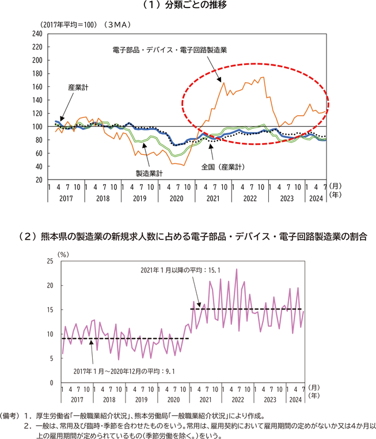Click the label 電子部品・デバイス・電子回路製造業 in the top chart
click(x=170, y=50)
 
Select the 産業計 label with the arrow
click(x=78, y=87)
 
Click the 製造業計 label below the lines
click(x=149, y=173)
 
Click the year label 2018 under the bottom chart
click(x=108, y=399)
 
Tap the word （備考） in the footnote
click(x=10, y=415)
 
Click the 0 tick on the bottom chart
click(x=51, y=383)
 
